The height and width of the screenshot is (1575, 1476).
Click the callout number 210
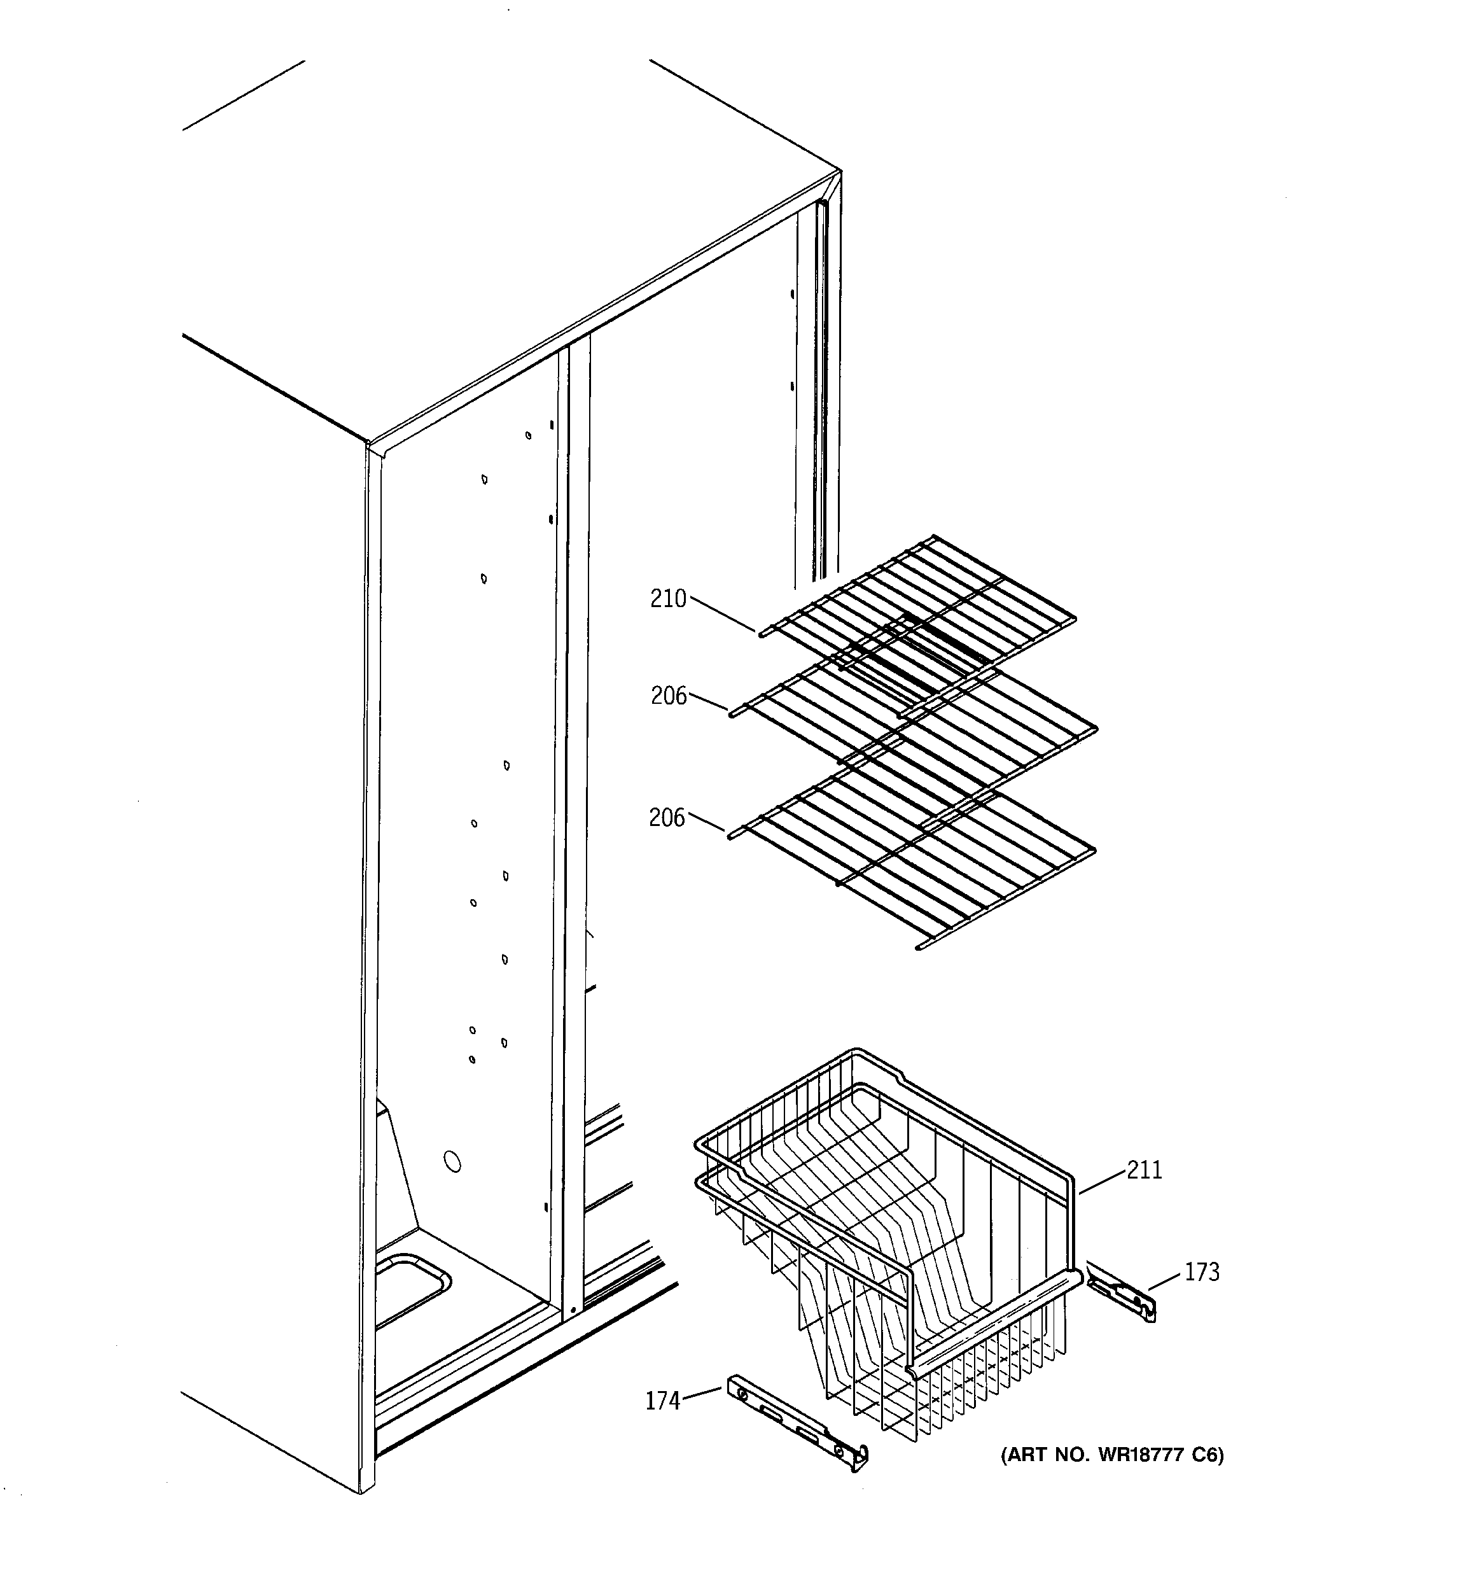tap(668, 599)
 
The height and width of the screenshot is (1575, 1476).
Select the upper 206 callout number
tap(669, 696)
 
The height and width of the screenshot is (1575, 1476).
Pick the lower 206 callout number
tap(666, 818)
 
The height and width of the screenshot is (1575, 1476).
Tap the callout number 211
tap(1145, 1170)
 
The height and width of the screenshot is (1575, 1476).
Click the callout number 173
tap(1202, 1272)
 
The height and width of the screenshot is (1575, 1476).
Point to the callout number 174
tap(662, 1401)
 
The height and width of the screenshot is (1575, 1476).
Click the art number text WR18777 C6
tap(1112, 1455)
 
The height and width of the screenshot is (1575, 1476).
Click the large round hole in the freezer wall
tap(452, 1161)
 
